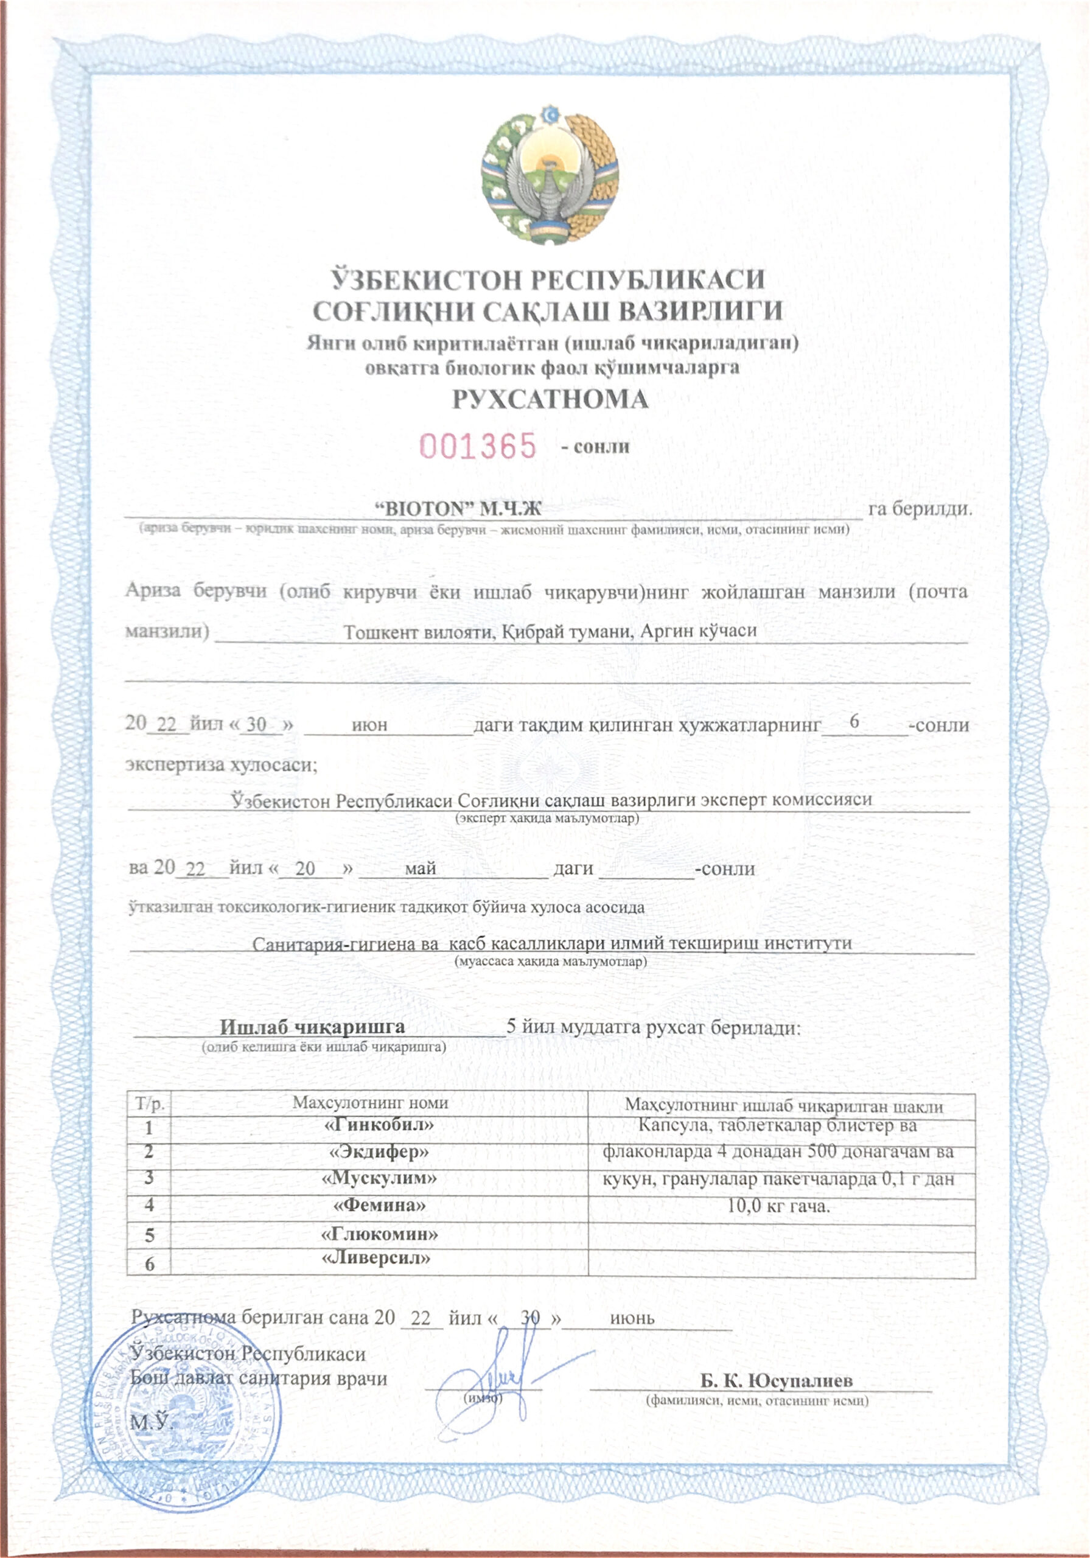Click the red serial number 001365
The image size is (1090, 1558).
pyautogui.click(x=478, y=447)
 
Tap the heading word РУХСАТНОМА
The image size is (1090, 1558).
pyautogui.click(x=550, y=399)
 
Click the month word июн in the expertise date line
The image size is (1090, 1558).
pyautogui.click(x=369, y=724)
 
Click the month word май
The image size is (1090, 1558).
pyautogui.click(x=420, y=868)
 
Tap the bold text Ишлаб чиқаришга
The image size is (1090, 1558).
pyautogui.click(x=312, y=1027)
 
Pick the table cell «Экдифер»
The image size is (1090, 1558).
pyautogui.click(x=379, y=1151)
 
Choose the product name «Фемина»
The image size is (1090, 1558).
pyautogui.click(x=379, y=1205)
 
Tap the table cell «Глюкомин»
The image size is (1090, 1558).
pyautogui.click(x=379, y=1233)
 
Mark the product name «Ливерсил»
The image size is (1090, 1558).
pyautogui.click(x=379, y=1258)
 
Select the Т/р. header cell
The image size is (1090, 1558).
pyautogui.click(x=149, y=1103)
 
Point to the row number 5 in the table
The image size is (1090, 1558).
pyautogui.click(x=149, y=1234)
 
